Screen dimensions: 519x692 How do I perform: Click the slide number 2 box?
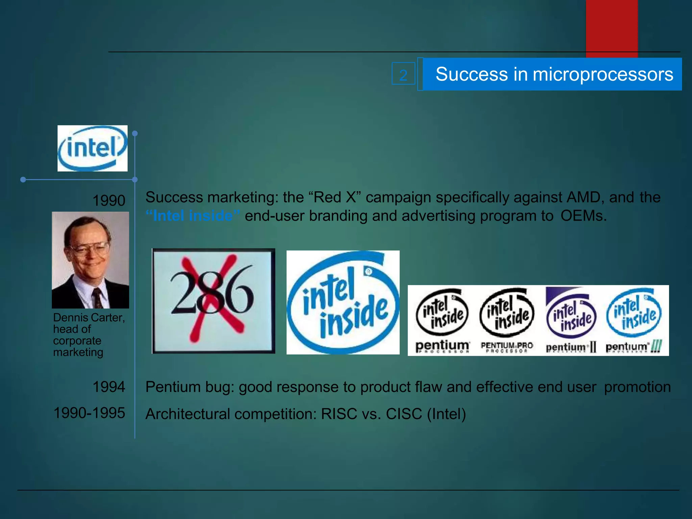click(x=403, y=74)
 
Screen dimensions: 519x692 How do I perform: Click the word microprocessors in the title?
click(x=602, y=74)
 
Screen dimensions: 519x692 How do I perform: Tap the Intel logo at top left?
click(x=92, y=148)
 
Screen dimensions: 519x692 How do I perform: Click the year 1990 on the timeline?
click(x=109, y=200)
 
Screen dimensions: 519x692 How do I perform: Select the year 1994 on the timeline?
click(x=109, y=387)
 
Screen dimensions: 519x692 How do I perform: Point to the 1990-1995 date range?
click(x=89, y=413)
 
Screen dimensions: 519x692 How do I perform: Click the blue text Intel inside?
click(x=193, y=216)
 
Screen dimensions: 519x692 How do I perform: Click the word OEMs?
click(x=583, y=216)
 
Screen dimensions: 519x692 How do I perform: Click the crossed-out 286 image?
click(x=213, y=301)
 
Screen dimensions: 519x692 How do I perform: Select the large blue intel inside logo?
click(x=343, y=302)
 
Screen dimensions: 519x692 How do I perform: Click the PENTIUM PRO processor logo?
click(x=506, y=320)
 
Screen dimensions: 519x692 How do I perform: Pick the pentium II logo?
click(x=571, y=320)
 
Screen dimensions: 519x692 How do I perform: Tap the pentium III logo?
click(x=634, y=320)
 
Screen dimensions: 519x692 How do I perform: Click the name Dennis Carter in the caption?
click(x=89, y=318)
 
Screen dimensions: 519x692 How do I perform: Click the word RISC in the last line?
click(x=339, y=414)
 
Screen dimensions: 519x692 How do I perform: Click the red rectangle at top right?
click(x=612, y=27)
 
